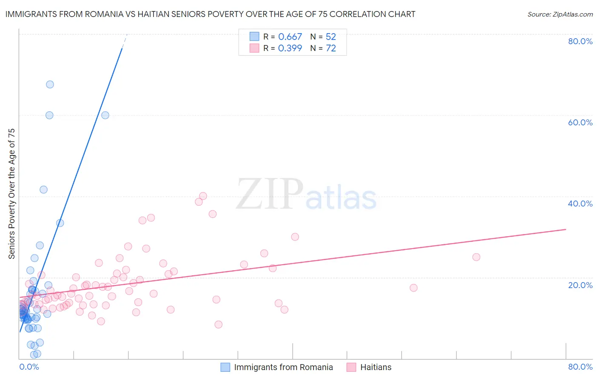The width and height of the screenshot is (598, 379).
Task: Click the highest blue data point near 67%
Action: coord(50,84)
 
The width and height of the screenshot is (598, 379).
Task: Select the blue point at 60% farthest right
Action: coord(105,115)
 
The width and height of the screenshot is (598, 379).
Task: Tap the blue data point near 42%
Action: coord(43,189)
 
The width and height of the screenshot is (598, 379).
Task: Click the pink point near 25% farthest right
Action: coord(476,257)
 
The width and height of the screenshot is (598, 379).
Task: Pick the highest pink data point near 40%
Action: coord(203,196)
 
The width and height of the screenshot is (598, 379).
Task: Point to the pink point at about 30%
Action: coord(295,237)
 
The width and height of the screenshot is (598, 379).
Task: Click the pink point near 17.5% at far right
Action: coord(413,288)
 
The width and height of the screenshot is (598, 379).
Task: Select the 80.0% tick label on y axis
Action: coord(580,41)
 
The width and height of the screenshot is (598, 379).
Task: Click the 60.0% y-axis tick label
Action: coord(580,122)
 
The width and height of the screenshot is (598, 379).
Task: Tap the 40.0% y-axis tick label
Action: coord(580,204)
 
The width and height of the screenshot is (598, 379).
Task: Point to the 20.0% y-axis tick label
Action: coord(580,285)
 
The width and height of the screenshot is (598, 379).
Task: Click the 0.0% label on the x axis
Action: coord(29,367)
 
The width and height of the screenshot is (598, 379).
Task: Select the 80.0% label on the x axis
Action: coord(580,367)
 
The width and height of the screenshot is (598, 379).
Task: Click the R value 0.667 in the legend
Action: coord(290,37)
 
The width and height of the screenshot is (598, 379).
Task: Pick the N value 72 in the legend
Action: coord(331,48)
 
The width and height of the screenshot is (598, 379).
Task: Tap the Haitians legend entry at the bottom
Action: coord(376,367)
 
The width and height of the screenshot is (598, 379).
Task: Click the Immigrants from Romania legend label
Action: coord(283,367)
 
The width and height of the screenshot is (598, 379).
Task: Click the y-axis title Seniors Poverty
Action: coord(11,193)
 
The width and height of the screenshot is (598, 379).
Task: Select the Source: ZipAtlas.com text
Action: coord(560,14)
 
